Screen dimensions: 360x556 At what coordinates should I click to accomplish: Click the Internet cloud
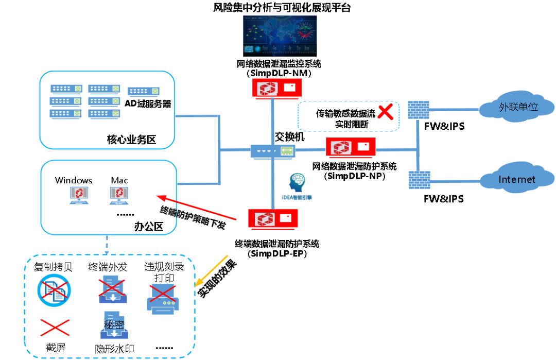[516, 180]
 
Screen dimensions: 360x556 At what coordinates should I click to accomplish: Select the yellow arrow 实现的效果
[211, 271]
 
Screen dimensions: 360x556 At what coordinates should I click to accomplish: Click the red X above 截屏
[55, 327]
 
